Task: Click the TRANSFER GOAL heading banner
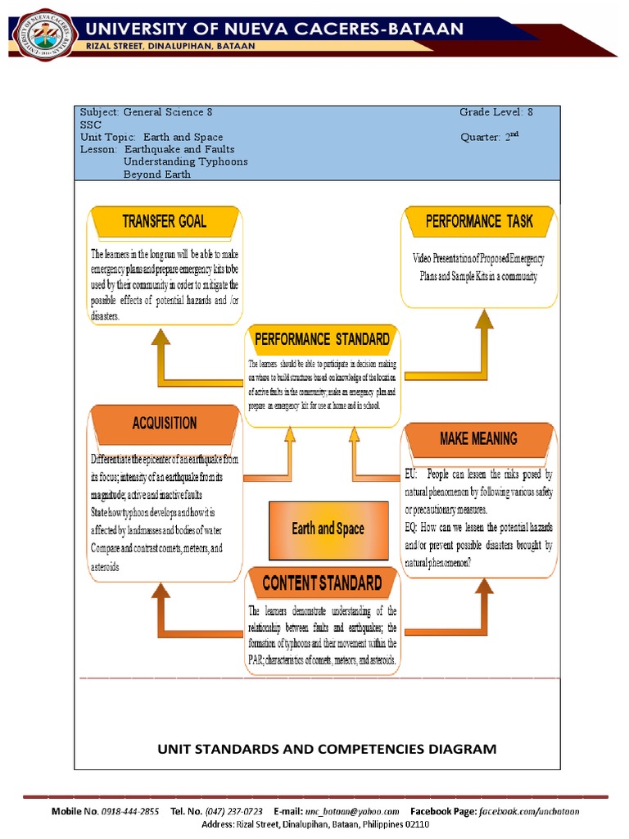[x=165, y=221]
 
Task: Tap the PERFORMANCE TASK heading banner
[x=479, y=221]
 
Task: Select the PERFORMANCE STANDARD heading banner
[x=322, y=339]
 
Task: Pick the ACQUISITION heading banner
[x=165, y=423]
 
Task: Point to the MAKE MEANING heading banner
[x=479, y=439]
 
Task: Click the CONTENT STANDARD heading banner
[x=322, y=583]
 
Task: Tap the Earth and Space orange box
[x=327, y=528]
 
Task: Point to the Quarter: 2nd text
[x=491, y=138]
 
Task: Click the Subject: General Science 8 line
[x=147, y=112]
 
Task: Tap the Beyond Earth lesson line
[x=157, y=174]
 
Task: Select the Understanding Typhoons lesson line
[x=186, y=161]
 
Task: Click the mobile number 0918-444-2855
[x=128, y=811]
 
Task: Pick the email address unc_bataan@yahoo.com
[x=348, y=811]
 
